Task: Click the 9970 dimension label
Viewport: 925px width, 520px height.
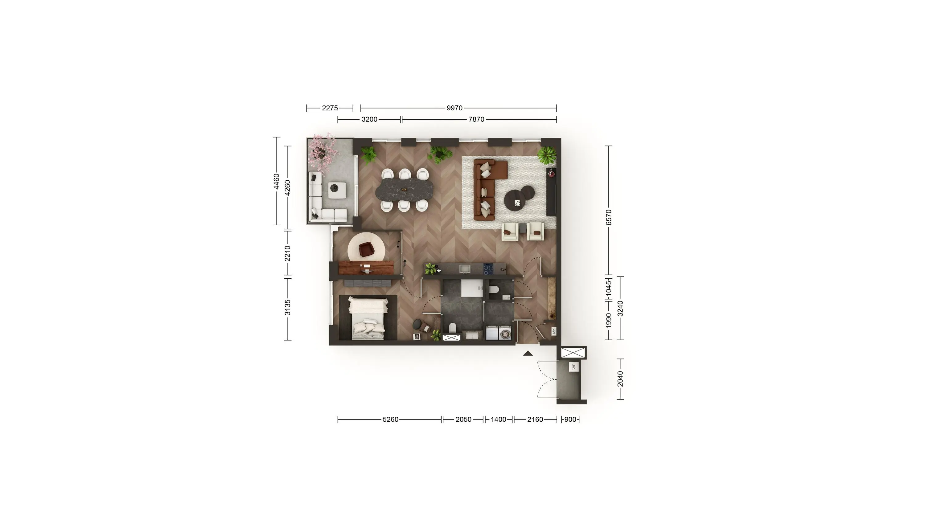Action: click(454, 108)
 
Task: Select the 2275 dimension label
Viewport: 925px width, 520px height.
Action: click(330, 108)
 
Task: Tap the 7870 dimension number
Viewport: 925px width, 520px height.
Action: click(476, 120)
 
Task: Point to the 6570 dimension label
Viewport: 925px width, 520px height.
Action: click(608, 218)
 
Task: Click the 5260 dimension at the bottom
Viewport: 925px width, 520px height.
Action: click(390, 420)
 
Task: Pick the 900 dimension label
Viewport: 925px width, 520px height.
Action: click(570, 420)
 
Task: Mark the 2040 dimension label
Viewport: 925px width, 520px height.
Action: click(620, 379)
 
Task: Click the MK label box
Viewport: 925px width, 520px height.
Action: click(554, 331)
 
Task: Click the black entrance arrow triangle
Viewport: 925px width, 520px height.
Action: click(528, 354)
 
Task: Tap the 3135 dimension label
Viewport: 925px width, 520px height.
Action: click(287, 308)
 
